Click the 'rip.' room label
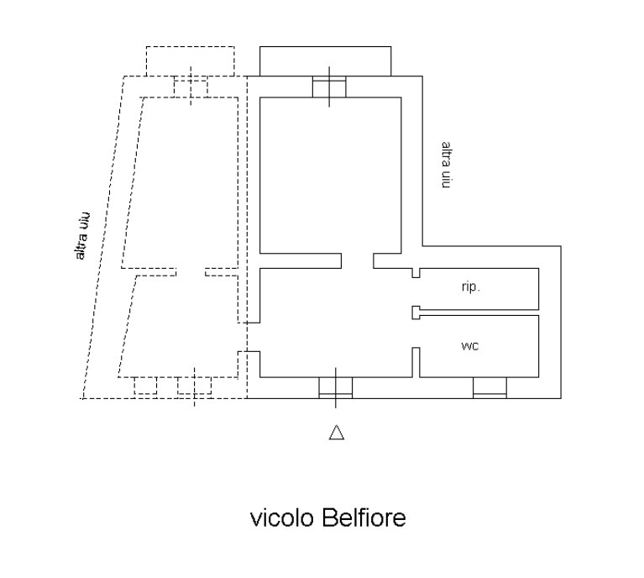point(470,287)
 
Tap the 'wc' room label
point(470,346)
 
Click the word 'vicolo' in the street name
point(282,518)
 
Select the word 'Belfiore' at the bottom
point(363,518)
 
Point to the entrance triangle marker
point(336,433)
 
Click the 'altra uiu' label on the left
point(83,238)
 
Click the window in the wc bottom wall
point(490,387)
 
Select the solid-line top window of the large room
point(328,87)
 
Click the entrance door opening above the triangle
point(335,387)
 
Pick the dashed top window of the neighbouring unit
point(191,87)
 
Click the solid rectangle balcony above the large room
point(325,60)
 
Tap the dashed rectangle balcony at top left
point(190,60)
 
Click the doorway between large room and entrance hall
point(357,260)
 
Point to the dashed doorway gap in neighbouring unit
point(191,271)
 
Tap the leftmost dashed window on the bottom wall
point(146,386)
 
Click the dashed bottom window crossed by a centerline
point(194,386)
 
